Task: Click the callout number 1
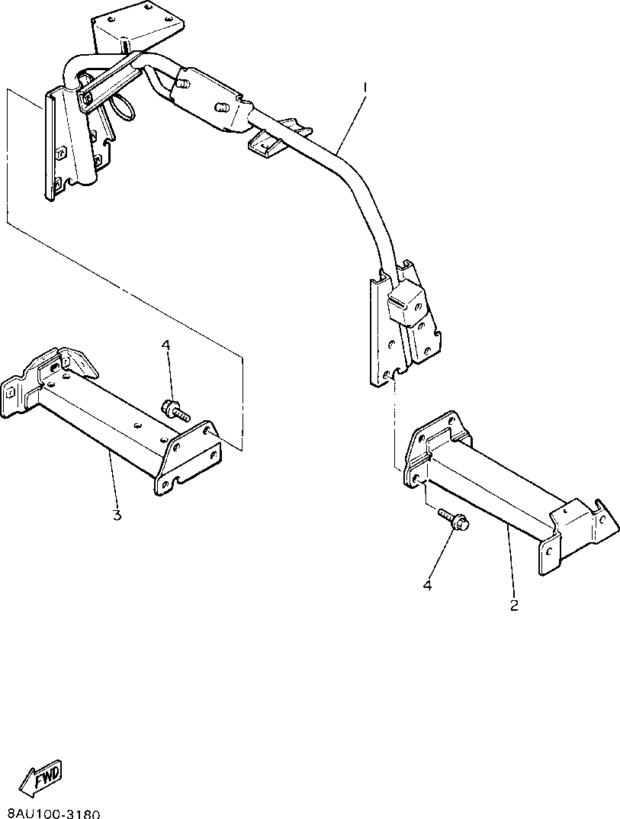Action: click(x=365, y=88)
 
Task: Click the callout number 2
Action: click(x=514, y=606)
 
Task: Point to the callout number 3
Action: click(x=117, y=515)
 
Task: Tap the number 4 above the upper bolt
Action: click(x=165, y=345)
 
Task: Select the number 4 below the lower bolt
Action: click(x=427, y=586)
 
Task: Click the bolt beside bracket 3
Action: click(x=175, y=410)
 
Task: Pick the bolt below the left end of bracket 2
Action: click(x=454, y=522)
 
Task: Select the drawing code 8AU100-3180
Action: click(x=53, y=813)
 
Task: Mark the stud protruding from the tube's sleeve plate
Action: click(x=221, y=108)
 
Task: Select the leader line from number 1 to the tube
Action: click(x=348, y=121)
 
